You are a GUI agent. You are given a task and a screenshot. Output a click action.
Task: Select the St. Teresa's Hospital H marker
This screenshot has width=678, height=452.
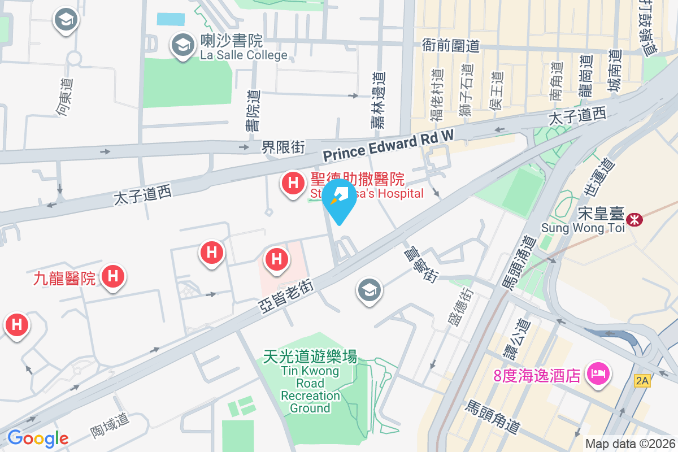(x=293, y=184)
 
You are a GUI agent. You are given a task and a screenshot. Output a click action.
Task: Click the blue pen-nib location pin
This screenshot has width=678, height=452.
(x=339, y=198)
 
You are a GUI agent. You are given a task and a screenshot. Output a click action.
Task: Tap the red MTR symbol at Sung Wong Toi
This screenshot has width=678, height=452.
(x=635, y=219)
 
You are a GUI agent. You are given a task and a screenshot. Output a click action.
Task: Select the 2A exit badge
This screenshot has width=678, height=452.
(x=642, y=381)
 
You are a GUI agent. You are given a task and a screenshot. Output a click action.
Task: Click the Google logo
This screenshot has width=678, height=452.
(x=38, y=438)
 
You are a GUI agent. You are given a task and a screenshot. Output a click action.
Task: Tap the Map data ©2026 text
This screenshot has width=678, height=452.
(x=630, y=444)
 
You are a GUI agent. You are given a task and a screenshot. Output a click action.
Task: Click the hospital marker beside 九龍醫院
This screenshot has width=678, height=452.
(x=112, y=276)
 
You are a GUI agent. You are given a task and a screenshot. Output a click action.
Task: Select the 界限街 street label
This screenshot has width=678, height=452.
(x=283, y=147)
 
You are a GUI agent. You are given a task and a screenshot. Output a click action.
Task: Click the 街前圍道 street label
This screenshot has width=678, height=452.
(x=451, y=45)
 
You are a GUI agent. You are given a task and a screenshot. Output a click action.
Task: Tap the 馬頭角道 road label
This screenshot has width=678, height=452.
(x=492, y=416)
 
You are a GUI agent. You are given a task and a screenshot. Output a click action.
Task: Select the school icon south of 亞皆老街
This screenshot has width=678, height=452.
(x=370, y=291)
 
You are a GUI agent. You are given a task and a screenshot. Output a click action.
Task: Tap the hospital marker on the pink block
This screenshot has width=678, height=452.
(x=277, y=260)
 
